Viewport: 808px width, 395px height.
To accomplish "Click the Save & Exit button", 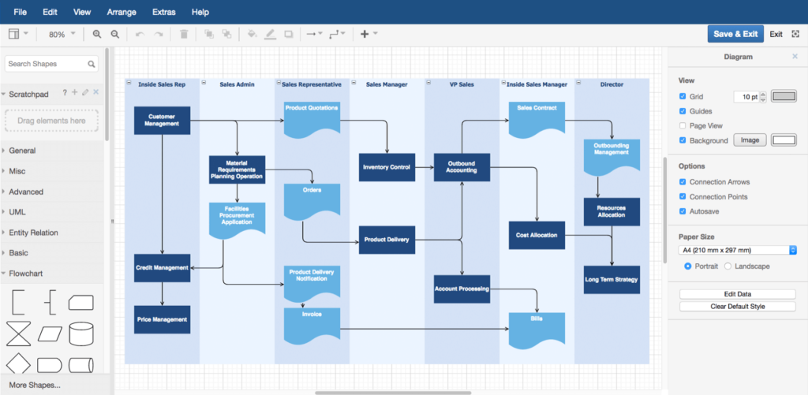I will [735, 34].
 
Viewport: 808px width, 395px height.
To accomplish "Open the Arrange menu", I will [121, 12].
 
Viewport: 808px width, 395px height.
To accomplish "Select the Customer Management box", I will [162, 120].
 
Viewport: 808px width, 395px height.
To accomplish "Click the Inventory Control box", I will [387, 167].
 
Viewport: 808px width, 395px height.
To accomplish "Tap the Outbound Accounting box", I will [462, 167].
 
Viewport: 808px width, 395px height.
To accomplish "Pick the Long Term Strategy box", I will [612, 279].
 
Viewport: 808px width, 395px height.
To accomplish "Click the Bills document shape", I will [537, 327].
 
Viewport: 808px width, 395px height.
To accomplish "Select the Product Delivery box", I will [387, 240].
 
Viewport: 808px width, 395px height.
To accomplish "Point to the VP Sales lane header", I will [462, 84].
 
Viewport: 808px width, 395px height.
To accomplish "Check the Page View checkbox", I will [683, 125].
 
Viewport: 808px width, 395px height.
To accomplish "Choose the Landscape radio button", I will [728, 266].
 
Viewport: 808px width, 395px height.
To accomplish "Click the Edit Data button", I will [737, 294].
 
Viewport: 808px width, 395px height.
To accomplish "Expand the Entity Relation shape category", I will [33, 233].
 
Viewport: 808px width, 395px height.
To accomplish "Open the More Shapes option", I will [34, 385].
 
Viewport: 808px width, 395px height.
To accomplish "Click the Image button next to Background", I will [750, 140].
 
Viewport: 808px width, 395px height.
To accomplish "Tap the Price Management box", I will [162, 319].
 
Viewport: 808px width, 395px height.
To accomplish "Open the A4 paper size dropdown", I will [737, 251].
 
